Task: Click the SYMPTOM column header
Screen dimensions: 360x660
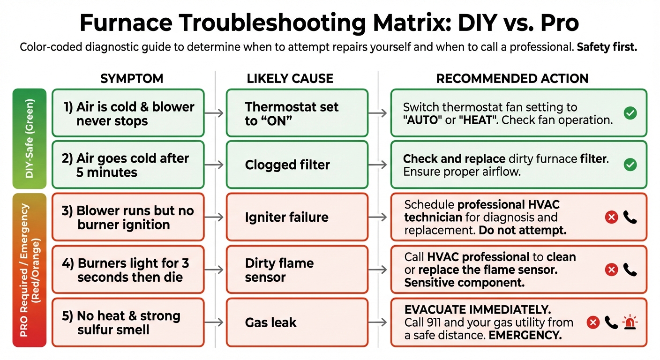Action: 132,79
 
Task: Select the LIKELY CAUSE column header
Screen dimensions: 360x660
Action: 290,79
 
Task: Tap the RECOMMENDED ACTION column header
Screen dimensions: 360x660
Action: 512,79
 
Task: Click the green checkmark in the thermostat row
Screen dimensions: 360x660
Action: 630,112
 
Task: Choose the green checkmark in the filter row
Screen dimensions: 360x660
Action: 630,165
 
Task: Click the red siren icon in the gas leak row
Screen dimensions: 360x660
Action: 630,322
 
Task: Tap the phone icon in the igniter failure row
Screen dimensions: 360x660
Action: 630,217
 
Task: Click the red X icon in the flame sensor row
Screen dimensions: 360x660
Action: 611,270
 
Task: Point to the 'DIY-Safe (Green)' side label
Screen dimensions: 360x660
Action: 29,138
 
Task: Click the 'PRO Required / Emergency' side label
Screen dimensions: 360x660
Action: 29,270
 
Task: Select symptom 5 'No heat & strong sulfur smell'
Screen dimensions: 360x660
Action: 128,322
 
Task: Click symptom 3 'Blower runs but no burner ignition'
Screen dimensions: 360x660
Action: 128,217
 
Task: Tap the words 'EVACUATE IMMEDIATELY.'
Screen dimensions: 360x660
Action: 477,310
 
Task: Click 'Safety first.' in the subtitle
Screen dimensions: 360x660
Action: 607,48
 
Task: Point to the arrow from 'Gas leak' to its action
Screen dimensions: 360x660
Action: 379,322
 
